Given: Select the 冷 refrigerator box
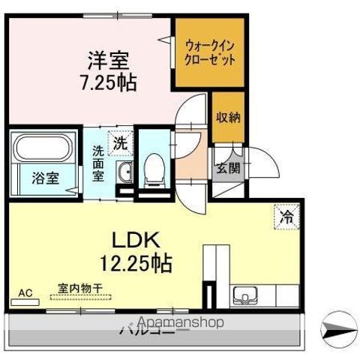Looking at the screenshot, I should click(x=286, y=215).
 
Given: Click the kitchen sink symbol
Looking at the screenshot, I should click(x=245, y=294).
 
